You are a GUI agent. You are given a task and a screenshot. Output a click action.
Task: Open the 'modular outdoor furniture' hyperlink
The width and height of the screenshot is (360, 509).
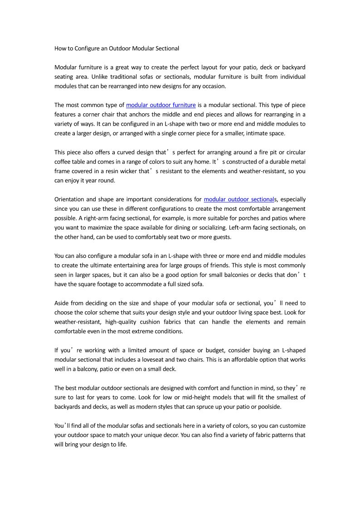[161, 105]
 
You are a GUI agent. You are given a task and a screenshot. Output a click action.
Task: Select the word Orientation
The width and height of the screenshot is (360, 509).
[69, 199]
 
